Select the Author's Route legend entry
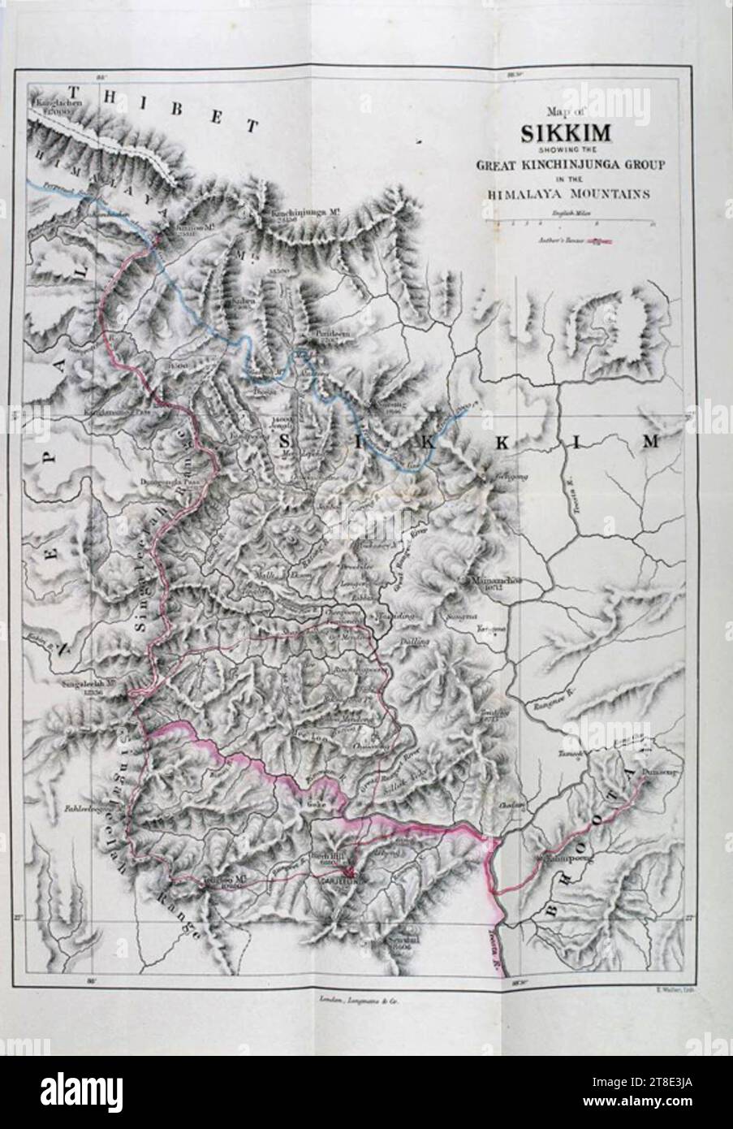[x=572, y=240]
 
